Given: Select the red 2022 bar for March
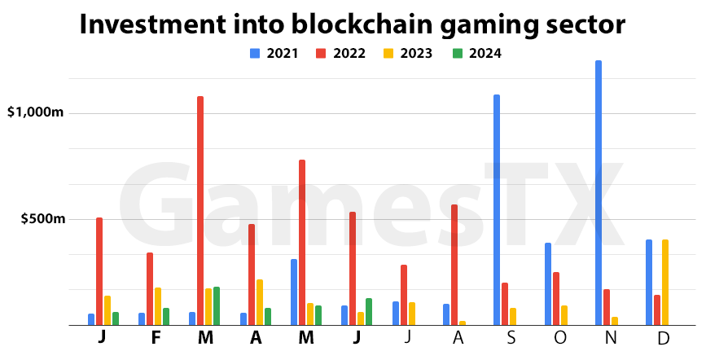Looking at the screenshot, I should (x=200, y=211).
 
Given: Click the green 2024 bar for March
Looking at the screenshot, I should (x=217, y=306).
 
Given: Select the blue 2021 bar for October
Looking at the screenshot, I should (x=548, y=284).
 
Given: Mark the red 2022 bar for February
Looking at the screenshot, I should (x=150, y=289).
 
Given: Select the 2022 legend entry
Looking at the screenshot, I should (x=342, y=54).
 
